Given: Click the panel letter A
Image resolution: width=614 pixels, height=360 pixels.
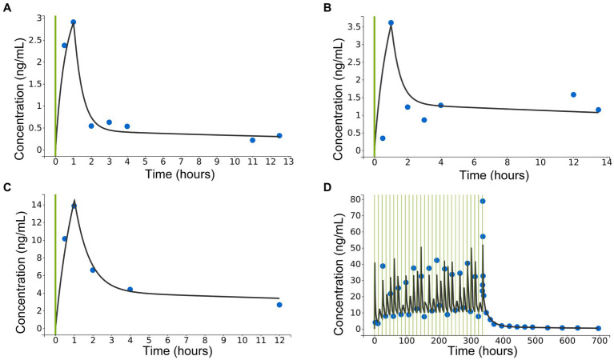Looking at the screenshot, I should pos(6,6).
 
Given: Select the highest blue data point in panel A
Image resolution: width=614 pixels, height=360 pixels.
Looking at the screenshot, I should pos(74,22).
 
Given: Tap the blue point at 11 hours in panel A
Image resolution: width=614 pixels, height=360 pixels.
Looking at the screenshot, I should pos(252,140).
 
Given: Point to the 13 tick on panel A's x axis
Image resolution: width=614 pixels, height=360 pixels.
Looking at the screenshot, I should pos(288,161).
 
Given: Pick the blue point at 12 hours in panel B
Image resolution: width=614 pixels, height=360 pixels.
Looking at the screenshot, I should pos(573,94).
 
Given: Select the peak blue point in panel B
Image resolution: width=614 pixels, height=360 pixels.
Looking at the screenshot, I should pos(391,23).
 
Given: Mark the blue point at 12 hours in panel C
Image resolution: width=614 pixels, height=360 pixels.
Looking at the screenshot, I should pos(279,305).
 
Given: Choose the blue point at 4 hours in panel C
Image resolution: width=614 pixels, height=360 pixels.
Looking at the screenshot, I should pos(130,290).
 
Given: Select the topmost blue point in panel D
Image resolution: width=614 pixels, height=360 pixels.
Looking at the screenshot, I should pos(483,201).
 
